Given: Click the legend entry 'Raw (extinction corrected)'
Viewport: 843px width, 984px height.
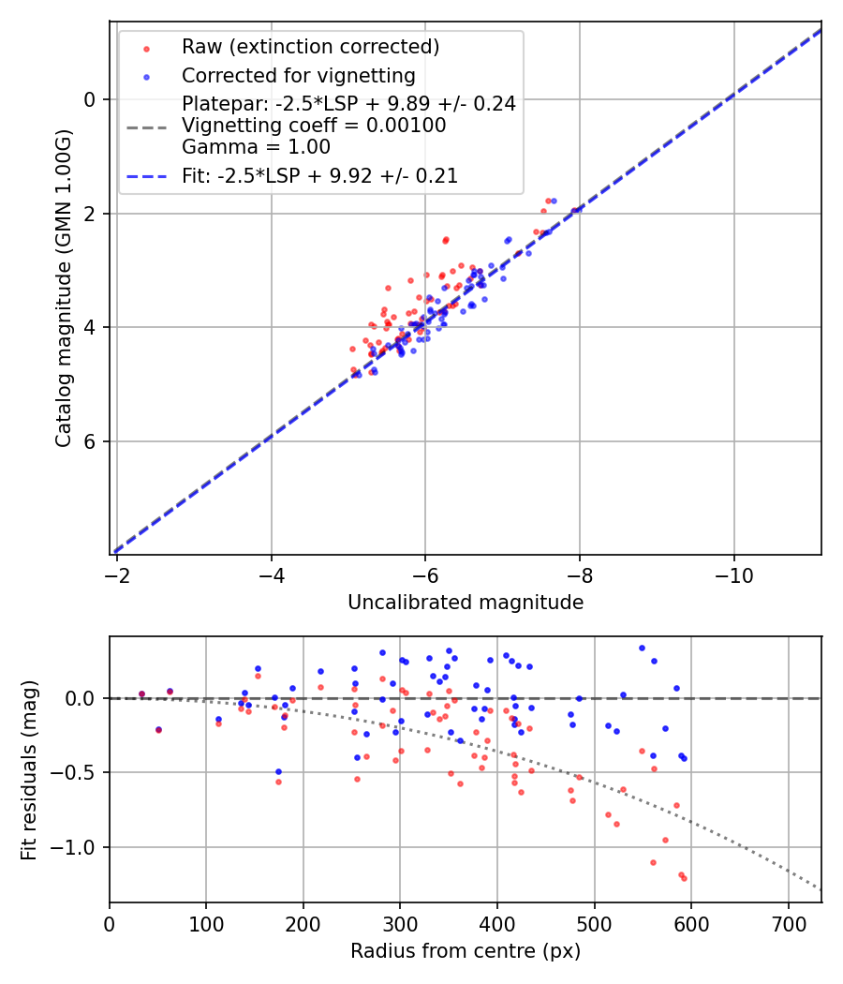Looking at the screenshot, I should [310, 47].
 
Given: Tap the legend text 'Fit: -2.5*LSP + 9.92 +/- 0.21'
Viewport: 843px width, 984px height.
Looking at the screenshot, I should [319, 176].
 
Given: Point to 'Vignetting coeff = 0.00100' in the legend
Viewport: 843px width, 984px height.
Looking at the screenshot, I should [314, 126].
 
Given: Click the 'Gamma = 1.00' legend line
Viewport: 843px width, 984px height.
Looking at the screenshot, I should [256, 147].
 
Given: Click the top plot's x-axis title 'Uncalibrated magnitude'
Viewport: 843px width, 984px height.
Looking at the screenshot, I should [466, 603].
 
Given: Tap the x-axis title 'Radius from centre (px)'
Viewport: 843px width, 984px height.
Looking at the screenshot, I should [466, 951].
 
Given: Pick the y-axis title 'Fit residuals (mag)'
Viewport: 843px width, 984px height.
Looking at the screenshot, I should [28, 769].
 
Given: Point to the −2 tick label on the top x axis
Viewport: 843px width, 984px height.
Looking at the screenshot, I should [117, 574].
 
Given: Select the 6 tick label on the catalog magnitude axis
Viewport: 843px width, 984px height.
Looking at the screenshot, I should [91, 441].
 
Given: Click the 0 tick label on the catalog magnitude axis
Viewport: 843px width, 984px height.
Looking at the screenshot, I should [91, 99].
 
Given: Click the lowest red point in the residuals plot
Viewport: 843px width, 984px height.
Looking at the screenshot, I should [684, 878].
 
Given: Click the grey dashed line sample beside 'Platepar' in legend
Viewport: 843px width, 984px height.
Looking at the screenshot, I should [146, 126].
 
